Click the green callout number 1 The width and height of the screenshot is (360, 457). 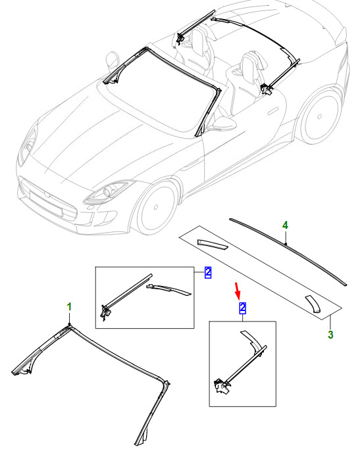point(69,307)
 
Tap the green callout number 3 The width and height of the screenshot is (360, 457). point(330,335)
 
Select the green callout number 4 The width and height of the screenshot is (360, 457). point(285,225)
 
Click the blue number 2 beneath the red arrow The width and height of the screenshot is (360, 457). point(242,308)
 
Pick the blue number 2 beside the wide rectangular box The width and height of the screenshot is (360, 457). point(208,272)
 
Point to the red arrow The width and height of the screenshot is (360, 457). point(238,291)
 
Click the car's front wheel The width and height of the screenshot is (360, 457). point(156,207)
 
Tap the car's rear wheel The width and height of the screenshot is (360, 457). point(320,116)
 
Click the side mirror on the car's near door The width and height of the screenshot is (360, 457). point(224,123)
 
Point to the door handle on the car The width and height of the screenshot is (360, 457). point(272,111)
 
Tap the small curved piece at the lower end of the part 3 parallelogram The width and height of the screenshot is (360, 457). point(313,304)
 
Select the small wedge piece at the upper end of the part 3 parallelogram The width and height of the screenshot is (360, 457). point(213,245)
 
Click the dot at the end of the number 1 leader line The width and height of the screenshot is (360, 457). point(69,324)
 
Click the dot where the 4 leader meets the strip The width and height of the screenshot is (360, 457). point(286,244)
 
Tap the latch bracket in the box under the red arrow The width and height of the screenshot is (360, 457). point(222,386)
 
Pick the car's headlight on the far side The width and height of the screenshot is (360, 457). point(28,144)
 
